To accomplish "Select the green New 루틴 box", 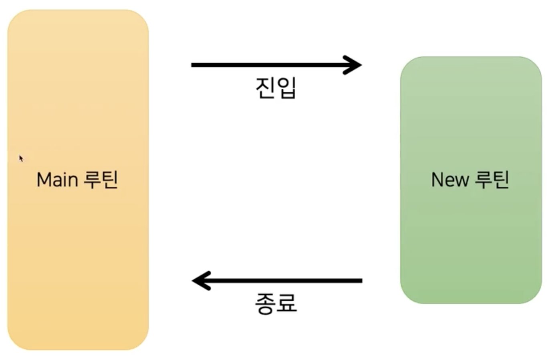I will [x=471, y=241].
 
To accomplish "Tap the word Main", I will [x=57, y=180].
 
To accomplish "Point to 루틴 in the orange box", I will [x=101, y=179].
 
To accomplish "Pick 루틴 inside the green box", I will [x=492, y=179].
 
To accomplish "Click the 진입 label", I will [x=276, y=87].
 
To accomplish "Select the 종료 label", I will [x=276, y=303].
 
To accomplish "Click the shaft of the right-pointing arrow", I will [x=268, y=65].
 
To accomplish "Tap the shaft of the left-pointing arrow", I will [x=284, y=281].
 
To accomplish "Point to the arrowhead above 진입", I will [x=354, y=65].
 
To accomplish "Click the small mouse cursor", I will [x=21, y=158].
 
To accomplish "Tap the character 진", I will [x=265, y=87].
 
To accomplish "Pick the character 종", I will [x=265, y=303].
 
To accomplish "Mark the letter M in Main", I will [x=43, y=180].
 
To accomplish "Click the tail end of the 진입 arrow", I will [x=193, y=65].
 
